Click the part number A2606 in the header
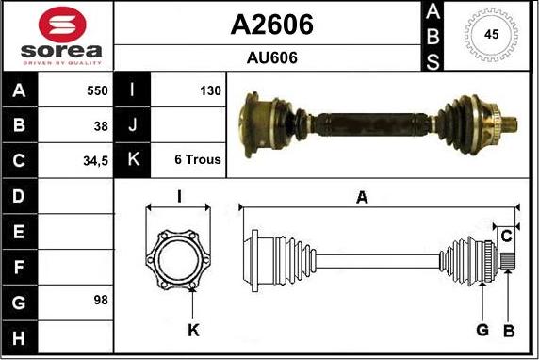tap(271, 25)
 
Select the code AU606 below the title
tap(271, 57)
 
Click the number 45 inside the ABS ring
tap(491, 35)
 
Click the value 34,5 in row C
tap(95, 160)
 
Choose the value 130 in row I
tap(210, 91)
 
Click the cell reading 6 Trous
tap(198, 160)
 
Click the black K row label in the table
tap(132, 160)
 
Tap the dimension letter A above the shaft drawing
tap(361, 197)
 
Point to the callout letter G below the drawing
tap(482, 329)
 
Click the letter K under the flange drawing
tap(192, 330)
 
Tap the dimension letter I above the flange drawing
tap(179, 196)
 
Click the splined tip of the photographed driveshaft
tap(510, 123)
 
